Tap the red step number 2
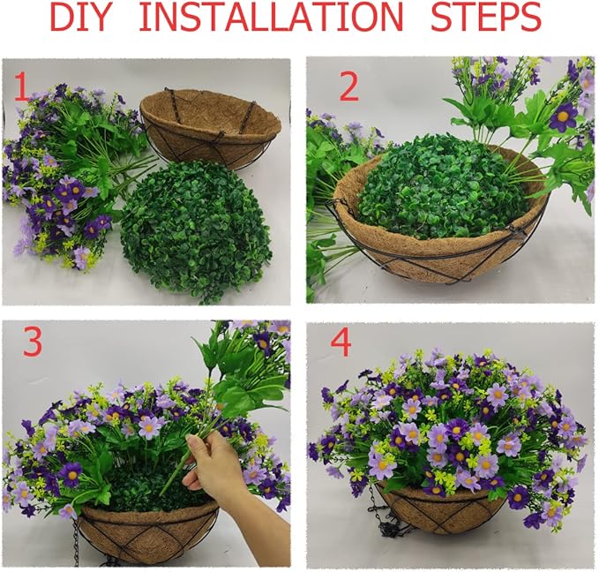click(348, 87)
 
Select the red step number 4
click(340, 344)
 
